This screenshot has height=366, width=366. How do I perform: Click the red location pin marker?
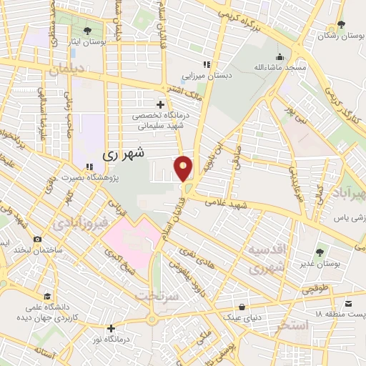tap(184, 168)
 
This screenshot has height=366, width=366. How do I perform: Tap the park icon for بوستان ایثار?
tap(87, 30)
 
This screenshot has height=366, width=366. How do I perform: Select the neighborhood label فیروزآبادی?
tap(79, 224)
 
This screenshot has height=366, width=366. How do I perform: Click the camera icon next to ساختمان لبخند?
tap(37, 239)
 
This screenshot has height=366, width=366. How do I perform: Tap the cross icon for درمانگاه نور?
tap(111, 329)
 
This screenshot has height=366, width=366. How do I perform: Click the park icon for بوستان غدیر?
tap(319, 252)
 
